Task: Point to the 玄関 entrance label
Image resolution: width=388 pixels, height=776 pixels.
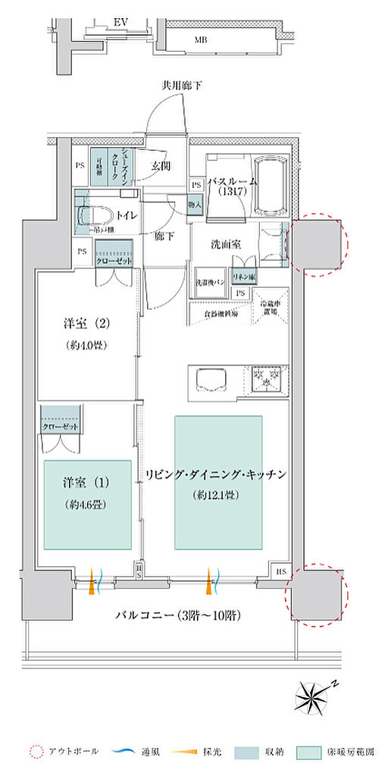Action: point(160,165)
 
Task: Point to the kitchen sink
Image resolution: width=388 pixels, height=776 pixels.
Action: point(208,379)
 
